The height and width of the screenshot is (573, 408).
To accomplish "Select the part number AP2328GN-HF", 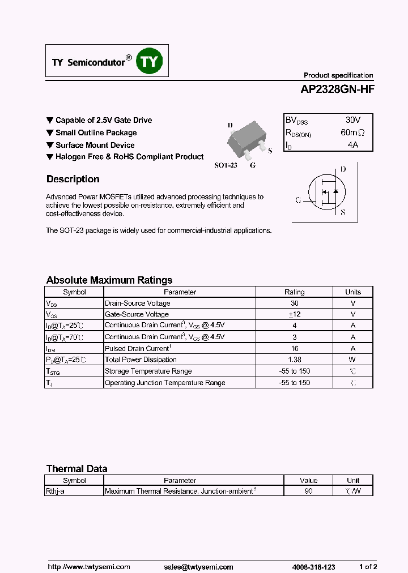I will point(337,89).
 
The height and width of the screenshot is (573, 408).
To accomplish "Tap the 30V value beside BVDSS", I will point(352,120).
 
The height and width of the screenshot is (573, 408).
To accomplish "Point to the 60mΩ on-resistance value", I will point(352,132).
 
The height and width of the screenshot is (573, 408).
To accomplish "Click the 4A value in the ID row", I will point(352,145).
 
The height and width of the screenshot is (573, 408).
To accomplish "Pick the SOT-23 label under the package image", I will point(226,165).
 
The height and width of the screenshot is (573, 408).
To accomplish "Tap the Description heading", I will point(73,179).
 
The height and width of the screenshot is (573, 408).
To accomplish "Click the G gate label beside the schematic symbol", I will point(298,200).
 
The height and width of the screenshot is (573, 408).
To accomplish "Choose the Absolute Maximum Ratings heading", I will point(109,280).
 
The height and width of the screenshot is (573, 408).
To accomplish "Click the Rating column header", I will point(294,292).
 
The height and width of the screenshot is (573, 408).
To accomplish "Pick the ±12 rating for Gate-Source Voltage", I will point(294,314).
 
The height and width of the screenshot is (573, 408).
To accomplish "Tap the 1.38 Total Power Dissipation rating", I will point(294,360).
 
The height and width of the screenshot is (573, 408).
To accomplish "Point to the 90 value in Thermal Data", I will point(308,491).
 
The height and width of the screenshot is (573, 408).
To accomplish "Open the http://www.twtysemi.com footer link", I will point(88,566).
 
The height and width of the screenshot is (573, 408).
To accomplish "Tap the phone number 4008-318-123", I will point(314,566).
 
